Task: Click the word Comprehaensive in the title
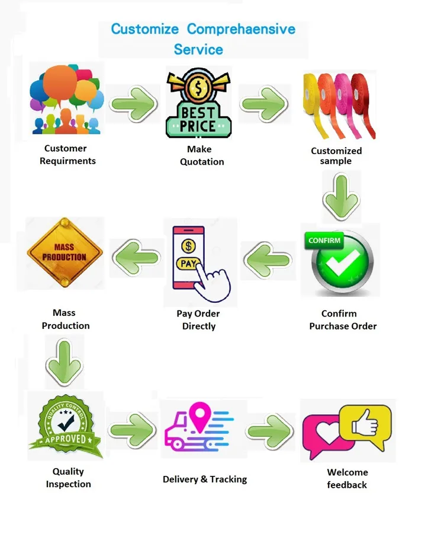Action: pyautogui.click(x=241, y=29)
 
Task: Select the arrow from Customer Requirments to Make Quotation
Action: pyautogui.click(x=133, y=103)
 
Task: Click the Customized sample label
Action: pyautogui.click(x=336, y=156)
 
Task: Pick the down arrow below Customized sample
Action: pyautogui.click(x=340, y=197)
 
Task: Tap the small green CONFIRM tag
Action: pyautogui.click(x=324, y=241)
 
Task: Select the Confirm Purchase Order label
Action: pyautogui.click(x=343, y=320)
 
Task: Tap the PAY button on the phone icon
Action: pyautogui.click(x=188, y=264)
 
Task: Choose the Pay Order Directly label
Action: pyautogui.click(x=198, y=320)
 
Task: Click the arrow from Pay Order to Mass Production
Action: pyautogui.click(x=136, y=257)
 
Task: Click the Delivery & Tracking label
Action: pyautogui.click(x=205, y=479)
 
